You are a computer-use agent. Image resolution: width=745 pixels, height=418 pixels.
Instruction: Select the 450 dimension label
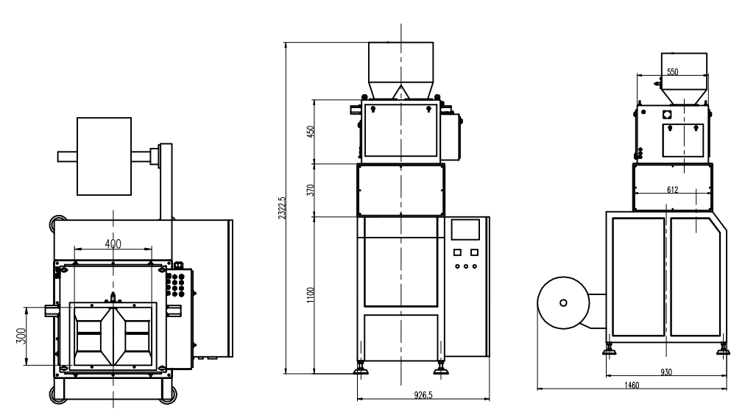(311, 132)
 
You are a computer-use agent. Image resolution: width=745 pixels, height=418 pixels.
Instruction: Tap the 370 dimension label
(311, 189)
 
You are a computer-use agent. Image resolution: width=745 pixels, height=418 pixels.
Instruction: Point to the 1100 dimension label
(311, 294)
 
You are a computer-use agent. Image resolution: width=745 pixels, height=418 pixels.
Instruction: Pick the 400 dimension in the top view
(113, 244)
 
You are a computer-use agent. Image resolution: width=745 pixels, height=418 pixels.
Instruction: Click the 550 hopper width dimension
(672, 72)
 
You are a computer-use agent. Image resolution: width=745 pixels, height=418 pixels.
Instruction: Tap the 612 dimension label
(672, 189)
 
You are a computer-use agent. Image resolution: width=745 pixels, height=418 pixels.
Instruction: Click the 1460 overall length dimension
(630, 386)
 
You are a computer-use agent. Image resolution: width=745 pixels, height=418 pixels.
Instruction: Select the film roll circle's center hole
(563, 302)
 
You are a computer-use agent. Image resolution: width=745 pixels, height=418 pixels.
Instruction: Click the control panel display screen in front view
(467, 231)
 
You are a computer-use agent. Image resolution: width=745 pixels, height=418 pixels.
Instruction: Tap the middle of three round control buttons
(467, 267)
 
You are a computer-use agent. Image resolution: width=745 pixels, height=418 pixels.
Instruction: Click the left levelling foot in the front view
(362, 368)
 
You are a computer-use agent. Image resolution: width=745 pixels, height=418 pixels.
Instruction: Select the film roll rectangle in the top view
(104, 156)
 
